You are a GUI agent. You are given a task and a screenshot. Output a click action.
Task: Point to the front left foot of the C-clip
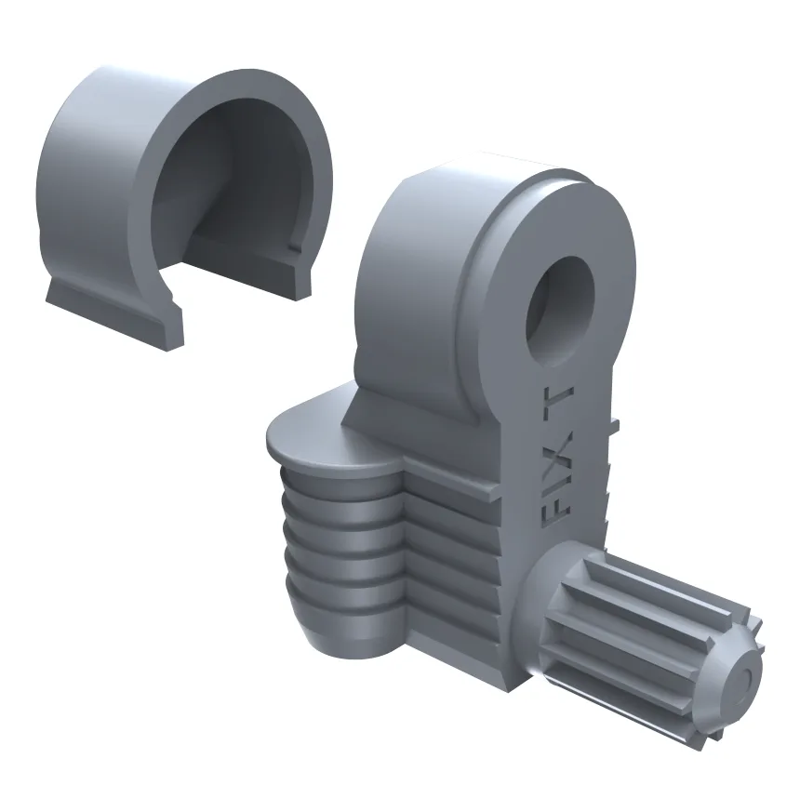tap(114, 316)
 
